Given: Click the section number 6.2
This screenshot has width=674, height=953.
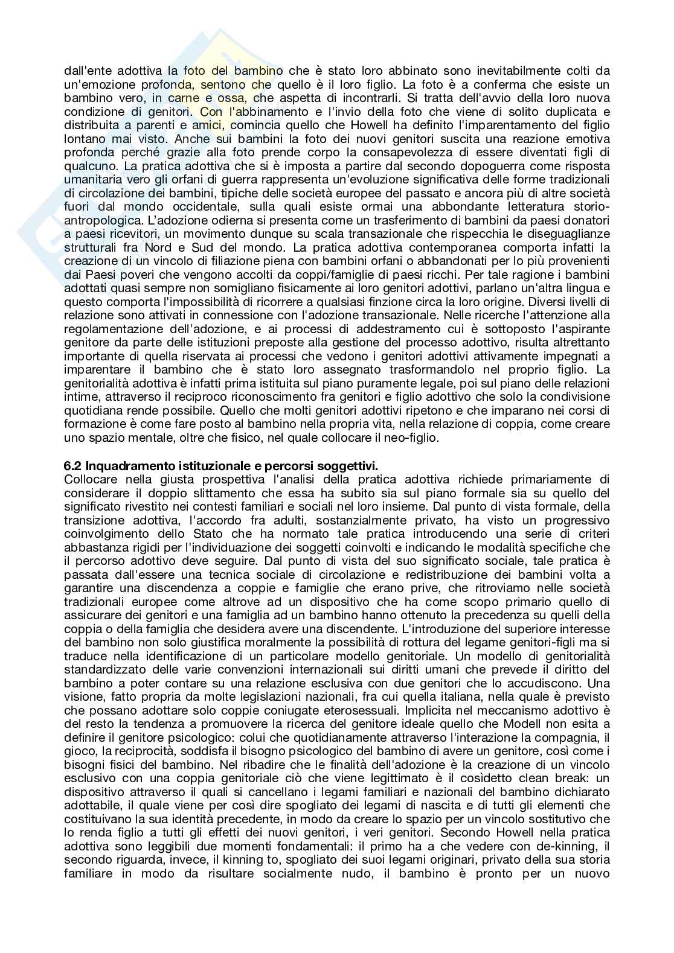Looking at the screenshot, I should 72,465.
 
